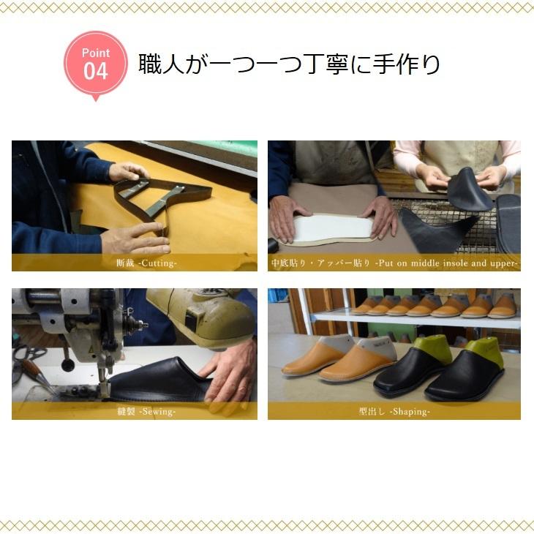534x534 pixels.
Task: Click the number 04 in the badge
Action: click(95, 72)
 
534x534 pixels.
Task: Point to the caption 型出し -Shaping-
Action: click(394, 411)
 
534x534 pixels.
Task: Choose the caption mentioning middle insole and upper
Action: click(394, 263)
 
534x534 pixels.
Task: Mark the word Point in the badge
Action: click(95, 53)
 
